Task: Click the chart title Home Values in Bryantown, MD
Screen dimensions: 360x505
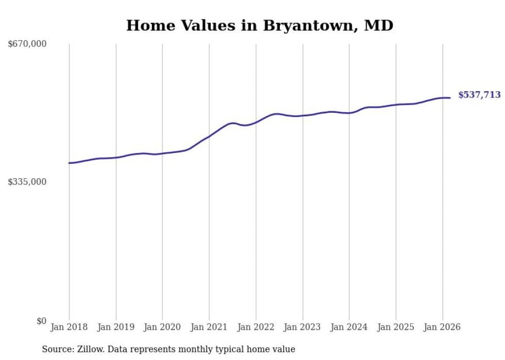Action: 260,25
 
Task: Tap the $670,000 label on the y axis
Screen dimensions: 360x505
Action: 27,44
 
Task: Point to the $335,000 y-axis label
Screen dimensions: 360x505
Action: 27,182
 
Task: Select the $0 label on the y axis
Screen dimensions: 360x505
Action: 41,321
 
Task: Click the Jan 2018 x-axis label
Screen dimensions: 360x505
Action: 69,327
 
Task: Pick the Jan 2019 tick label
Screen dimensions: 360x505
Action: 115,327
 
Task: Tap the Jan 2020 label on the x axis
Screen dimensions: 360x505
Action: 162,327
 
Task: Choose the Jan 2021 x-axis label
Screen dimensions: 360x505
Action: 209,327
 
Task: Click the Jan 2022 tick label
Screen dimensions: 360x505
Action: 256,327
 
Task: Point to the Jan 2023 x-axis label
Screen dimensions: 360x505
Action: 302,327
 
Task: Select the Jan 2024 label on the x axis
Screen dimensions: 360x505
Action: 349,327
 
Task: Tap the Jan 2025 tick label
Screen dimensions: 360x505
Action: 396,327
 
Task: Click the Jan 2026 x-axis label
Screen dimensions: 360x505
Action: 442,327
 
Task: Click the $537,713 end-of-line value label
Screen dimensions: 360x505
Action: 479,95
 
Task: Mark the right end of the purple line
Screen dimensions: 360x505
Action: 450,98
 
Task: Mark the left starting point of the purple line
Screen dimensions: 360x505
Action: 69,163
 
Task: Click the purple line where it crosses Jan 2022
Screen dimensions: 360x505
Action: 256,122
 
